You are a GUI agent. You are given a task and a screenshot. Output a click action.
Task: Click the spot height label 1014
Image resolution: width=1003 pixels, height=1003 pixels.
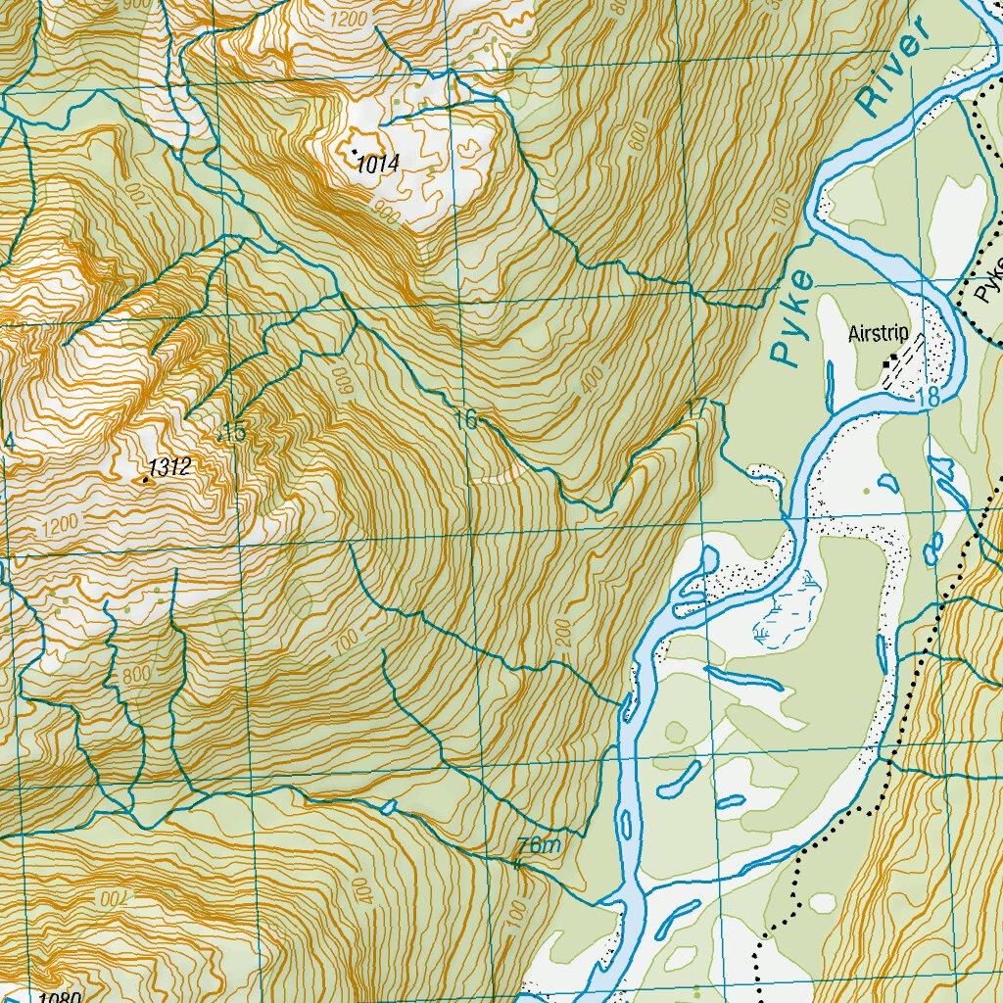pos(378,165)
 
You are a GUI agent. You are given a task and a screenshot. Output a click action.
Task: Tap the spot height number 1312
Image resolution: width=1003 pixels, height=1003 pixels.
pos(170,467)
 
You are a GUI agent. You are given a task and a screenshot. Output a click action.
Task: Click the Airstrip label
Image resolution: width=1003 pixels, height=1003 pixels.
pos(879,334)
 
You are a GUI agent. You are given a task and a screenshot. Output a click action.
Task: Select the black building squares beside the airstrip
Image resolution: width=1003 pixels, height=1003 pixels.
pos(886,364)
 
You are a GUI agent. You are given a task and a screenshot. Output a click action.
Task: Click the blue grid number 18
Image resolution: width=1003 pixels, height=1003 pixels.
pos(929,398)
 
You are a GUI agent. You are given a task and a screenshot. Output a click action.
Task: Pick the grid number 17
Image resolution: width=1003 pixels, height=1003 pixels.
pos(696,406)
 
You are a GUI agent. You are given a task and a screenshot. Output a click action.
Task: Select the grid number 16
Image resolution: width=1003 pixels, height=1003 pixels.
pos(466,420)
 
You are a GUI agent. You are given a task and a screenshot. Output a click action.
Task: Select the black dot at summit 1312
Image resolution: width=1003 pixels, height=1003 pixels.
pos(145,480)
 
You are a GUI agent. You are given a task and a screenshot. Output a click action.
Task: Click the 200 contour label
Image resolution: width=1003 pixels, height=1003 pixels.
pos(562,633)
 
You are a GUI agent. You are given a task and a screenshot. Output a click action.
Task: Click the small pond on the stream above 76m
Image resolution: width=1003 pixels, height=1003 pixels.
pos(389,807)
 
